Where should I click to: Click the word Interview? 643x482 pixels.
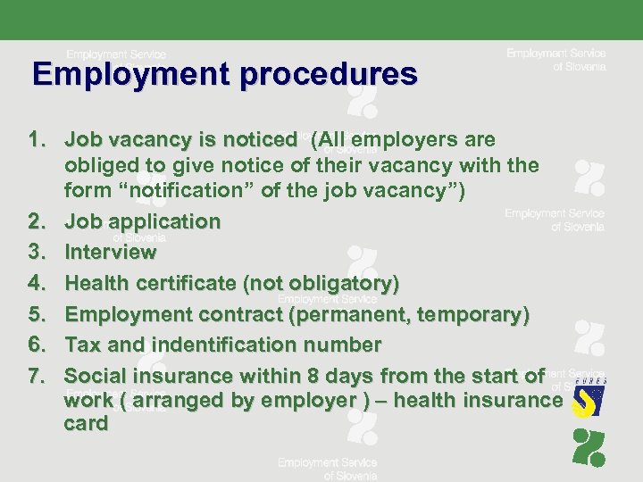coord(111,253)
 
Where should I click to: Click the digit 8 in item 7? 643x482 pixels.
coord(312,375)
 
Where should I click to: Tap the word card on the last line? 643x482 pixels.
coord(86,423)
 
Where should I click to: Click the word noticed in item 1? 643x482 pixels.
coord(258,140)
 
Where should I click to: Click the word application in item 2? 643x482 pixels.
coord(165,220)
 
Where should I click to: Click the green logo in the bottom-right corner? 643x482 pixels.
coord(589,449)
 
